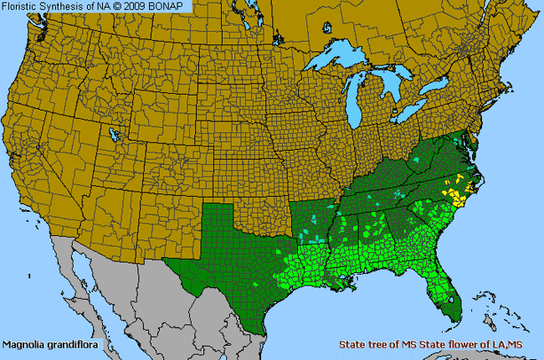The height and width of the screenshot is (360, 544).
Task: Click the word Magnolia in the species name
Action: pyautogui.click(x=23, y=344)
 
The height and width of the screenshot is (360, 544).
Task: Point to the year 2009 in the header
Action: pyautogui.click(x=139, y=6)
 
